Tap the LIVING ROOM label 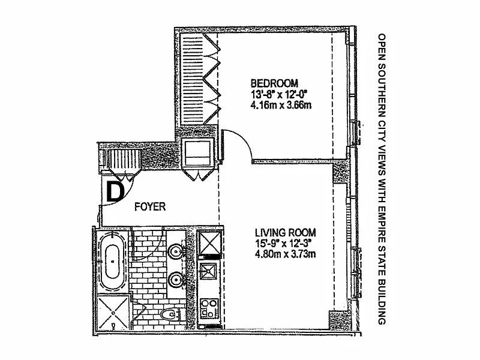[284, 232]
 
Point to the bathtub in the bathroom [113, 263]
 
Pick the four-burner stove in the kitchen [210, 309]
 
